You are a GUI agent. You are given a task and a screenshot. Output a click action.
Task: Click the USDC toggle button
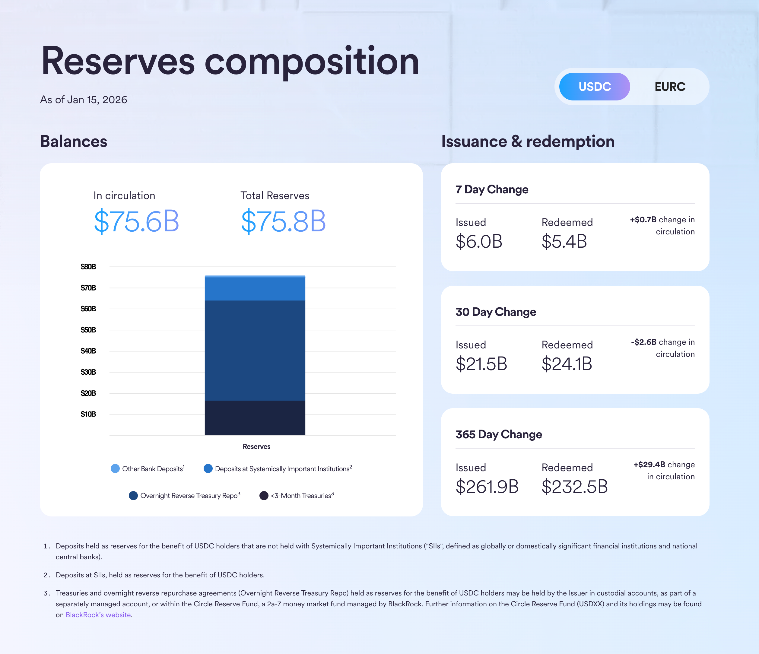[x=594, y=87]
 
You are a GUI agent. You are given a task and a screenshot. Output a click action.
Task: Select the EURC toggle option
[x=670, y=87]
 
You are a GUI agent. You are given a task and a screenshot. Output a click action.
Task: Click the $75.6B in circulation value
[x=136, y=221]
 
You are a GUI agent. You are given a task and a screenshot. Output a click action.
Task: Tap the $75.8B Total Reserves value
[x=283, y=221]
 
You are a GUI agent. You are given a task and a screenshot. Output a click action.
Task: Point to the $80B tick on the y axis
[x=88, y=267]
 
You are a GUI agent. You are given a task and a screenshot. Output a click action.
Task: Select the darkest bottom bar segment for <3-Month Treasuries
[x=255, y=418]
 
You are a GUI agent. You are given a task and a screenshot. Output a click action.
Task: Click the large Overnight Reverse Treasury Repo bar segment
[x=255, y=350]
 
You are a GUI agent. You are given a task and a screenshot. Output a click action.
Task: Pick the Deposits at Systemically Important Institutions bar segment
[x=255, y=289]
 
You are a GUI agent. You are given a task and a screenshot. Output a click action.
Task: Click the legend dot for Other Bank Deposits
[x=115, y=468]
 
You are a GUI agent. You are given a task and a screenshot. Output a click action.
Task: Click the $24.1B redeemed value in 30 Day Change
[x=567, y=364]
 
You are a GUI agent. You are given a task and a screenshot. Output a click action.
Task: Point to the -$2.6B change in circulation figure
[x=644, y=342]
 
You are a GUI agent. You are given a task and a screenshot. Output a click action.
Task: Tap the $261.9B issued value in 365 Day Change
[x=487, y=487]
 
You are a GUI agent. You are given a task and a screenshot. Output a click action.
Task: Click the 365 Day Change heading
[x=499, y=434]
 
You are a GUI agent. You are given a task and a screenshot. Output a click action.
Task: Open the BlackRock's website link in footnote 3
[x=98, y=615]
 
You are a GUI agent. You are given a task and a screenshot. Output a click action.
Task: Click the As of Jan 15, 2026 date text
[x=84, y=100]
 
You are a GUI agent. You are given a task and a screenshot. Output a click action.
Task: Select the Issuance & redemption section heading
[x=528, y=141]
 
